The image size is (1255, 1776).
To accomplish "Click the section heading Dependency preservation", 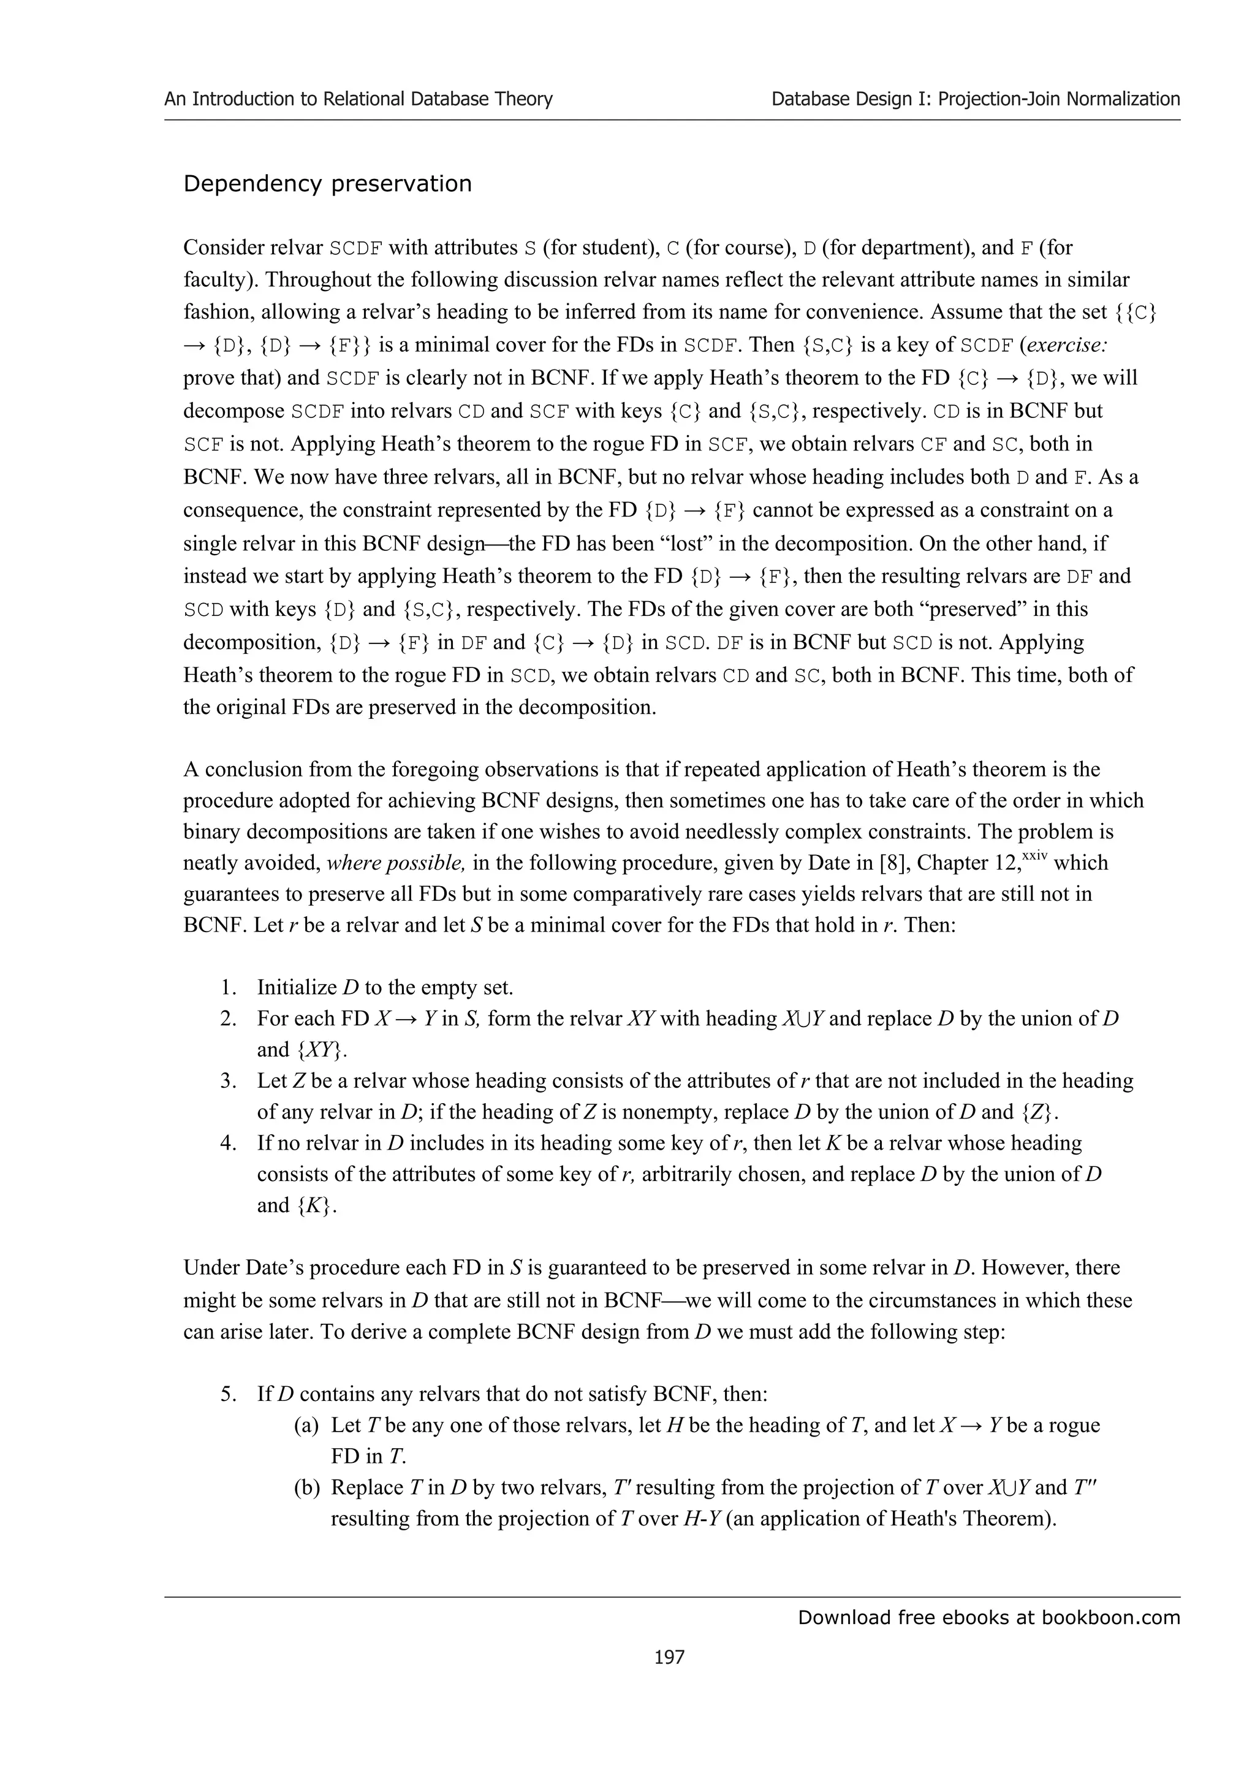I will (x=327, y=184).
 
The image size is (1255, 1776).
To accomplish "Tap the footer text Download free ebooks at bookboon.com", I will (x=988, y=1617).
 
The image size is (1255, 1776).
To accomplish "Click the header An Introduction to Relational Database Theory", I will (x=358, y=99).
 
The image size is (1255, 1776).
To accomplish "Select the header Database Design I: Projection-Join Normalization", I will (x=975, y=99).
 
